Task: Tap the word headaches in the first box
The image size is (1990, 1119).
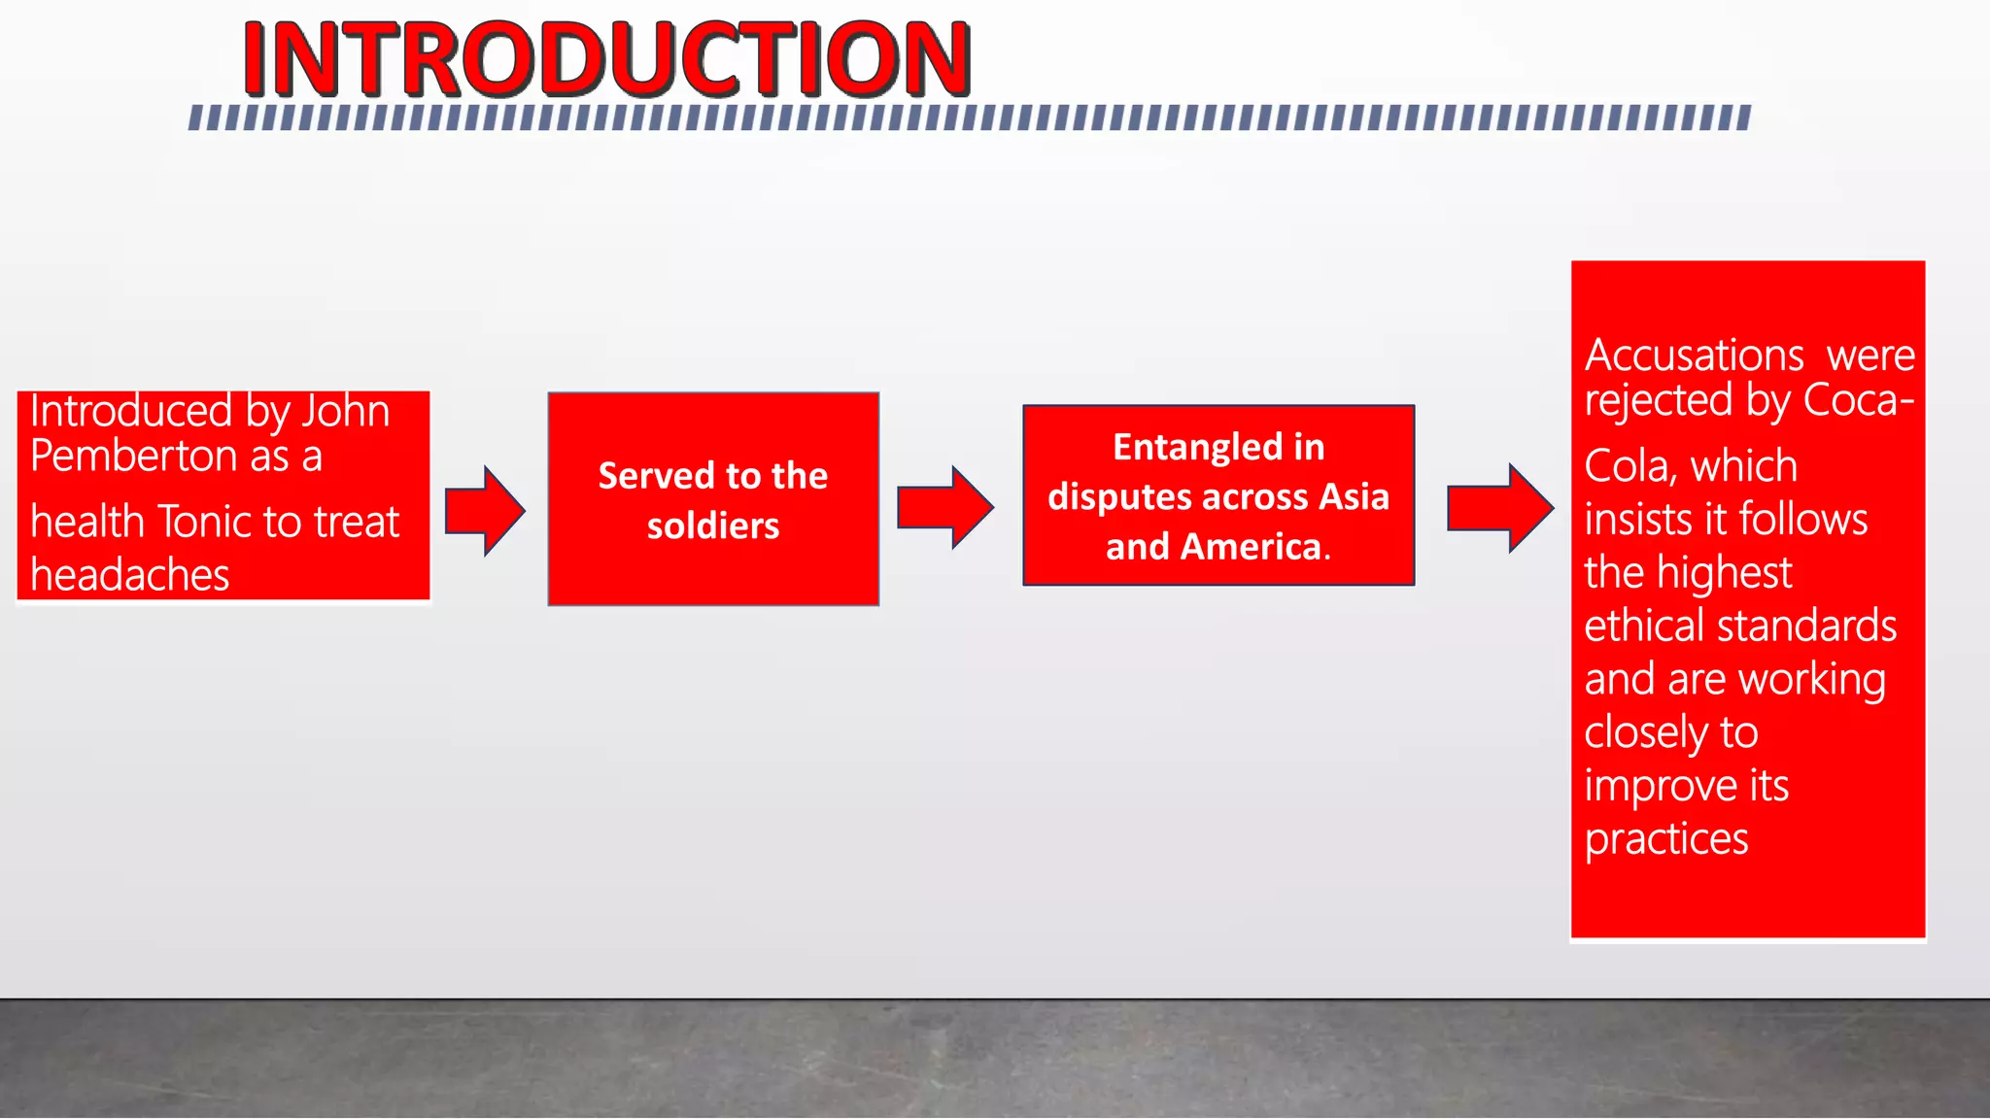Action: coord(129,575)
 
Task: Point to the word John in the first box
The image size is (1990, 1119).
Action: coord(345,411)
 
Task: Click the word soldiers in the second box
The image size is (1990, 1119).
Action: coord(713,526)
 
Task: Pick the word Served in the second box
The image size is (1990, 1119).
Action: coord(656,476)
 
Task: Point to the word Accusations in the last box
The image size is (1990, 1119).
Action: coord(1694,356)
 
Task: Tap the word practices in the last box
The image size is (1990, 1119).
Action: coord(1665,838)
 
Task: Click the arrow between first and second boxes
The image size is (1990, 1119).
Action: coord(485,511)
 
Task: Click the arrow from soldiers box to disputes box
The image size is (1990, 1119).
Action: coord(944,508)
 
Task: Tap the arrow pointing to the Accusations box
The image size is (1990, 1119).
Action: coord(1499,508)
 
